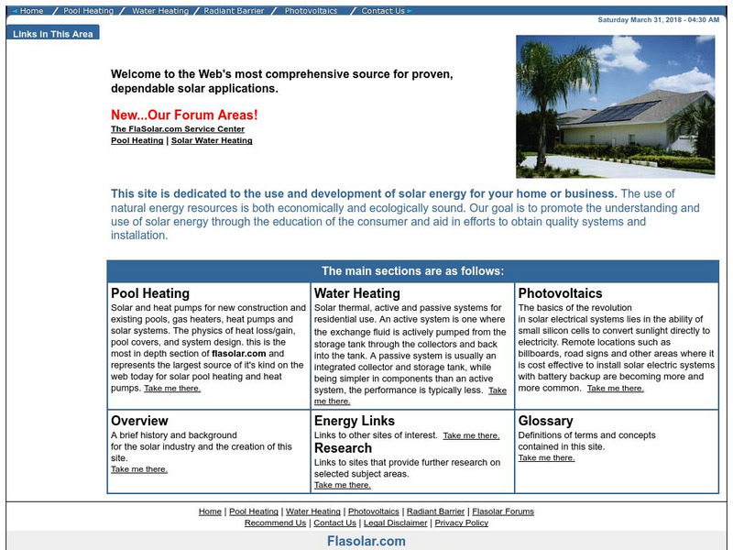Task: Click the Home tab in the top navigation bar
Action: pyautogui.click(x=31, y=11)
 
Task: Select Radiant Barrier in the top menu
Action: pyautogui.click(x=233, y=11)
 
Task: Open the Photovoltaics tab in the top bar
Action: pyautogui.click(x=311, y=11)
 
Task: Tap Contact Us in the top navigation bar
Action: pyautogui.click(x=383, y=11)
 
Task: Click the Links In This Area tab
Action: pyautogui.click(x=52, y=34)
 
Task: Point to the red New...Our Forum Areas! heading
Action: pyautogui.click(x=184, y=115)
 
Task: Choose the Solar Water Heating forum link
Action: pyautogui.click(x=212, y=140)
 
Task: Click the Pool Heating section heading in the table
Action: pyautogui.click(x=150, y=293)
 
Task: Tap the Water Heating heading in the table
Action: pyautogui.click(x=356, y=293)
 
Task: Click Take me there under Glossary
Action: pyautogui.click(x=546, y=457)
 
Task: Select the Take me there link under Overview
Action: pyautogui.click(x=139, y=468)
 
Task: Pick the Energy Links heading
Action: pyautogui.click(x=355, y=421)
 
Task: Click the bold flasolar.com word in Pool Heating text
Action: pyautogui.click(x=239, y=352)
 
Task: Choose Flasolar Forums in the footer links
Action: pyautogui.click(x=503, y=511)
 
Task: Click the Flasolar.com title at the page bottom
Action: pyautogui.click(x=366, y=541)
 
